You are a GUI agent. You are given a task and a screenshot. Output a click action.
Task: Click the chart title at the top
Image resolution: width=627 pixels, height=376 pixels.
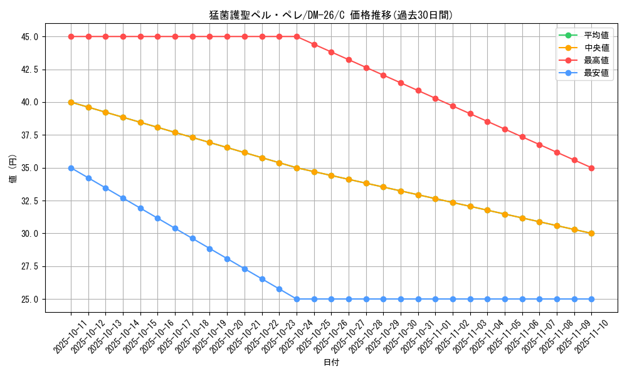coord(331,15)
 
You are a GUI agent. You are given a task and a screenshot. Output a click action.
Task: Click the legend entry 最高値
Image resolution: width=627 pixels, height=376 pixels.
coord(596,60)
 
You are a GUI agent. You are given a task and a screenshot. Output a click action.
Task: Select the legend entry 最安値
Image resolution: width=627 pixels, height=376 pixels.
coord(596,73)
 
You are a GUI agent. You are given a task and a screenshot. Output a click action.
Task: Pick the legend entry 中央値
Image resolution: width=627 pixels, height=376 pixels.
coord(596,48)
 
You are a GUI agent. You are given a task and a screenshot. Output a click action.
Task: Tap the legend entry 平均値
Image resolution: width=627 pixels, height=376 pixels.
coord(596,35)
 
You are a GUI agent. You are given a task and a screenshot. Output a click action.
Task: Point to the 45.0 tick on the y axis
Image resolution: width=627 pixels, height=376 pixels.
coord(29,37)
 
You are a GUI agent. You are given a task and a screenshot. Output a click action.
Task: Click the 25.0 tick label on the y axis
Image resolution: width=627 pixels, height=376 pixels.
coord(29,300)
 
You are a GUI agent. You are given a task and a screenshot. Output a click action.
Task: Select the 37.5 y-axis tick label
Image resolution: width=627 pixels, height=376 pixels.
coord(29,135)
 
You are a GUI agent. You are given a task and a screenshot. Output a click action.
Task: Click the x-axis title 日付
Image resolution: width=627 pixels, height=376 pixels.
coord(331,363)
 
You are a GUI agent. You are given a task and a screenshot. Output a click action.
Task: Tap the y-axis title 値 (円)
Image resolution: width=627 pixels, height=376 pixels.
coord(13,168)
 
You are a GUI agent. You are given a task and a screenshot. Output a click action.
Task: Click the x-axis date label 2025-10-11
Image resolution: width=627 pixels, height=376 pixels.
coord(63,335)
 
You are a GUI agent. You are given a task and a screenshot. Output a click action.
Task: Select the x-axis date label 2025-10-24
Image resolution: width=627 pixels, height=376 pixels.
coord(289,335)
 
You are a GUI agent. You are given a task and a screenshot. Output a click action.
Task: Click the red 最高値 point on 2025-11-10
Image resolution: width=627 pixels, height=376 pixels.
coord(591,168)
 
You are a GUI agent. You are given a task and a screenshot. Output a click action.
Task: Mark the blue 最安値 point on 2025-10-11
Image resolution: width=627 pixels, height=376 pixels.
coord(71,168)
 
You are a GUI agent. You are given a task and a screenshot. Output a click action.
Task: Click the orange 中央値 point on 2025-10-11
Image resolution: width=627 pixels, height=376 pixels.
coord(71,102)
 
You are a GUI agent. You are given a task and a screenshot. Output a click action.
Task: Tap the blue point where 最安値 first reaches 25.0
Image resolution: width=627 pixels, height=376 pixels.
coord(297,299)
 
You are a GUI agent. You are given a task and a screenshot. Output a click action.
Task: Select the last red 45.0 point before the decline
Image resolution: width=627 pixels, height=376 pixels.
coord(297,36)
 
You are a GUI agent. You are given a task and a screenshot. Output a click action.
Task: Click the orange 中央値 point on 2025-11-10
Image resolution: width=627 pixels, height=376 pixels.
coord(591,233)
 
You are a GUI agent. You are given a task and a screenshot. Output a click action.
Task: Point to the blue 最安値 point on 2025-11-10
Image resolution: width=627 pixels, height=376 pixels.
coord(591,299)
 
